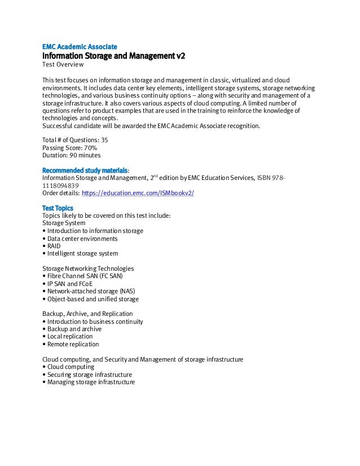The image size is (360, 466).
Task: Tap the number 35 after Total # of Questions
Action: pyautogui.click(x=104, y=139)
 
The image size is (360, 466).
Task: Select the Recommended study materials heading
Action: pyautogui.click(x=86, y=170)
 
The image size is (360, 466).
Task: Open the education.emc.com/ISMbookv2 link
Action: pyautogui.click(x=138, y=192)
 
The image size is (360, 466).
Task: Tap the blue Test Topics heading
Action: pyautogui.click(x=58, y=208)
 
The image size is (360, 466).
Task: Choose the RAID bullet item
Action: pyautogui.click(x=54, y=246)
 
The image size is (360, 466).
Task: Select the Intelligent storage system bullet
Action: pyautogui.click(x=82, y=254)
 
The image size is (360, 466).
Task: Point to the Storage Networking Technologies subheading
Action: pyautogui.click(x=88, y=269)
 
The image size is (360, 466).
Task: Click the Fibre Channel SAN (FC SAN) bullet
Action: pyautogui.click(x=84, y=276)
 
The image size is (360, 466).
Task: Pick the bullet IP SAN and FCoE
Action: pyautogui.click(x=69, y=284)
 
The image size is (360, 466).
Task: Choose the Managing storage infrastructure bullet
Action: pyautogui.click(x=91, y=382)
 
